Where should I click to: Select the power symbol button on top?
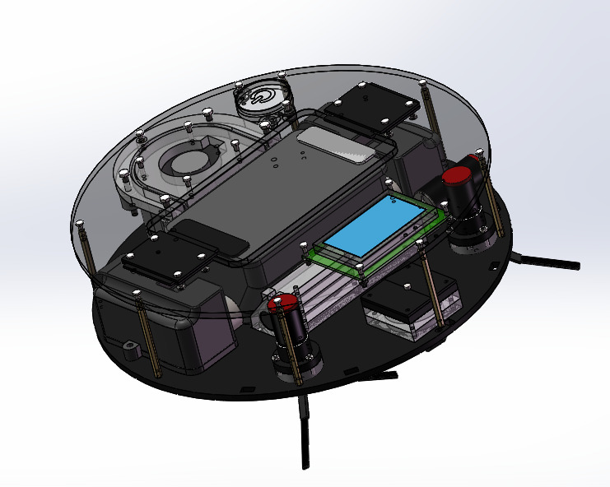(x=261, y=98)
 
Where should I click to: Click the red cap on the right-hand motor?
(x=456, y=176)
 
